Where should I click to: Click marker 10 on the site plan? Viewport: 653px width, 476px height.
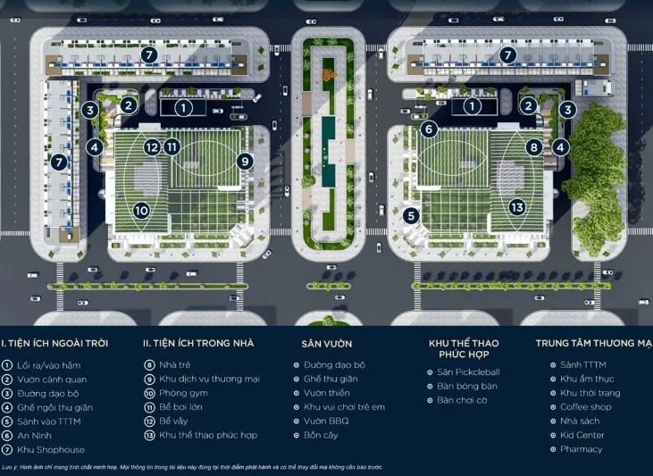(x=141, y=211)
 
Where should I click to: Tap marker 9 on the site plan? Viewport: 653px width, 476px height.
(x=245, y=161)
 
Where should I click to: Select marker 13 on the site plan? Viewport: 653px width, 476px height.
(x=517, y=206)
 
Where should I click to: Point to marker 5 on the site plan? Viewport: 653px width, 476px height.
(x=410, y=215)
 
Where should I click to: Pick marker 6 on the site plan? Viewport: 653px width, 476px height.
(x=429, y=129)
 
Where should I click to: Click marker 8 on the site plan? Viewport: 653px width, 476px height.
(x=534, y=147)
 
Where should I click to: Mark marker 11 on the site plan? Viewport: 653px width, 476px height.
(x=172, y=146)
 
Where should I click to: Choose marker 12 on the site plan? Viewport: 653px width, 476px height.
(x=152, y=146)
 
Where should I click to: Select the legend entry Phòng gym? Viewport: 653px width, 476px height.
(x=185, y=393)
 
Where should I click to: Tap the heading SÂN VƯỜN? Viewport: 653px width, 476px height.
(x=327, y=343)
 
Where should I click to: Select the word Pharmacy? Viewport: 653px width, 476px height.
(x=582, y=449)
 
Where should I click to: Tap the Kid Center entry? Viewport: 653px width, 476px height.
(x=582, y=435)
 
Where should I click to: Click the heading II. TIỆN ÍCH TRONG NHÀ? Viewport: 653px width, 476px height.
(x=198, y=343)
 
